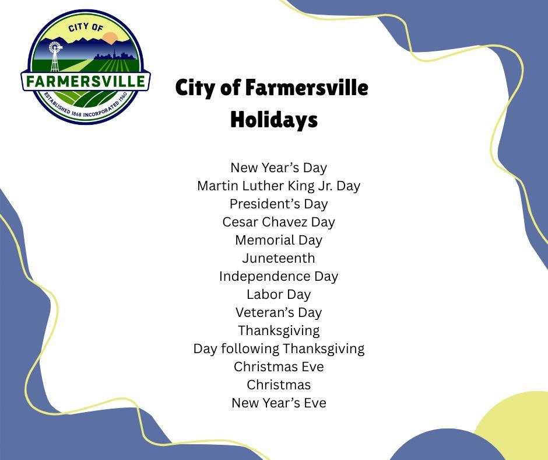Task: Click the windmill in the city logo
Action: click(55, 54)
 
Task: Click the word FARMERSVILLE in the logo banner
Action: click(86, 81)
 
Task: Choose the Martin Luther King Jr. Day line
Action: click(279, 186)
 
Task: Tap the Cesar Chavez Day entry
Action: click(279, 222)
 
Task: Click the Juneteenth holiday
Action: click(279, 258)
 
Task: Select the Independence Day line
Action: click(279, 276)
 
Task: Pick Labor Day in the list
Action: click(279, 294)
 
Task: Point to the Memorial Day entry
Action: click(279, 240)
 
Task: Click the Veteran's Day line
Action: click(279, 312)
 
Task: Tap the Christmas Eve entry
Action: click(279, 367)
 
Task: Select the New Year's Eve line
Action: click(279, 403)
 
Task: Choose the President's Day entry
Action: click(279, 204)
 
